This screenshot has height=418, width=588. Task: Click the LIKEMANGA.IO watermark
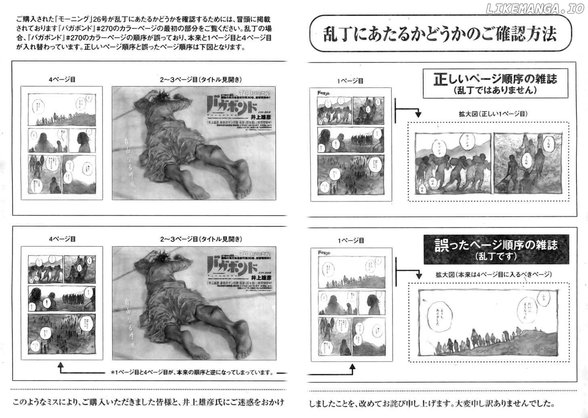(x=535, y=9)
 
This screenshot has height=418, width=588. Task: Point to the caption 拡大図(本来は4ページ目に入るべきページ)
(x=493, y=275)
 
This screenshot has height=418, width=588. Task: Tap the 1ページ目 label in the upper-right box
(x=350, y=81)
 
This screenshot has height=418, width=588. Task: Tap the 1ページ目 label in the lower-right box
(x=351, y=241)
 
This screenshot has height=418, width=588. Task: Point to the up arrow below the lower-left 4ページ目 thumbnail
(x=61, y=367)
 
